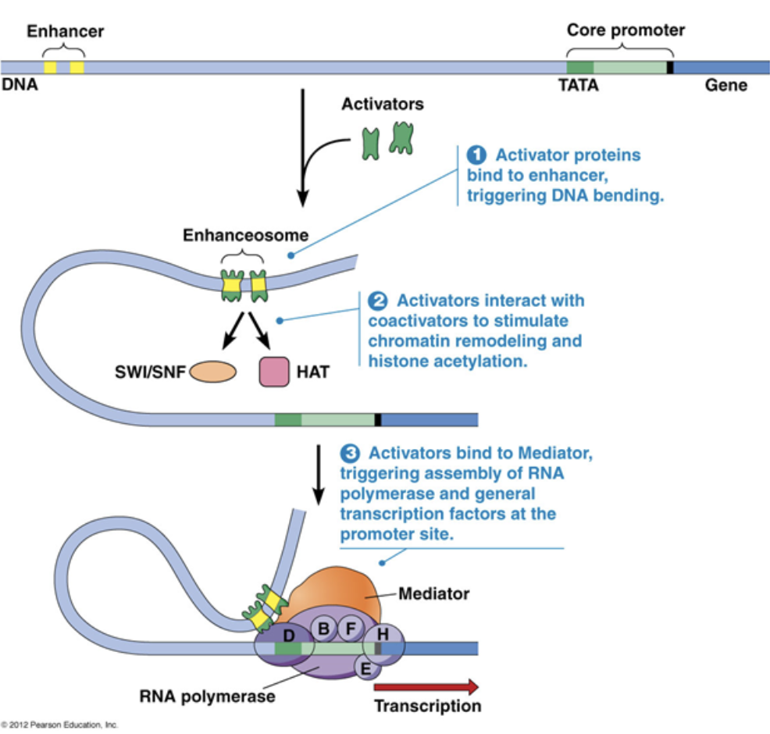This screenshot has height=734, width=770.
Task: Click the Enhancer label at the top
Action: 65,31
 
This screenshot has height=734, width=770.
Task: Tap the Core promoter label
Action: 626,30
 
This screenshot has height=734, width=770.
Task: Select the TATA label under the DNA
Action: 578,86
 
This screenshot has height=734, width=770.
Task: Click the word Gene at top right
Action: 726,86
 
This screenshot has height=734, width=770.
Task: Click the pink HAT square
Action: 274,372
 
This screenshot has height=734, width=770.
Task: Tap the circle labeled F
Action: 351,627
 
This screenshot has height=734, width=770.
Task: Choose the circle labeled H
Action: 383,633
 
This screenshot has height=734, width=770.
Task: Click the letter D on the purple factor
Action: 288,635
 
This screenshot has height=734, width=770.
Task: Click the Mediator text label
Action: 434,593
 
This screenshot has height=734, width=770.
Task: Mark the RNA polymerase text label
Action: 208,696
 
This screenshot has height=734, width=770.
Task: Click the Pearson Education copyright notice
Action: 59,725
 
